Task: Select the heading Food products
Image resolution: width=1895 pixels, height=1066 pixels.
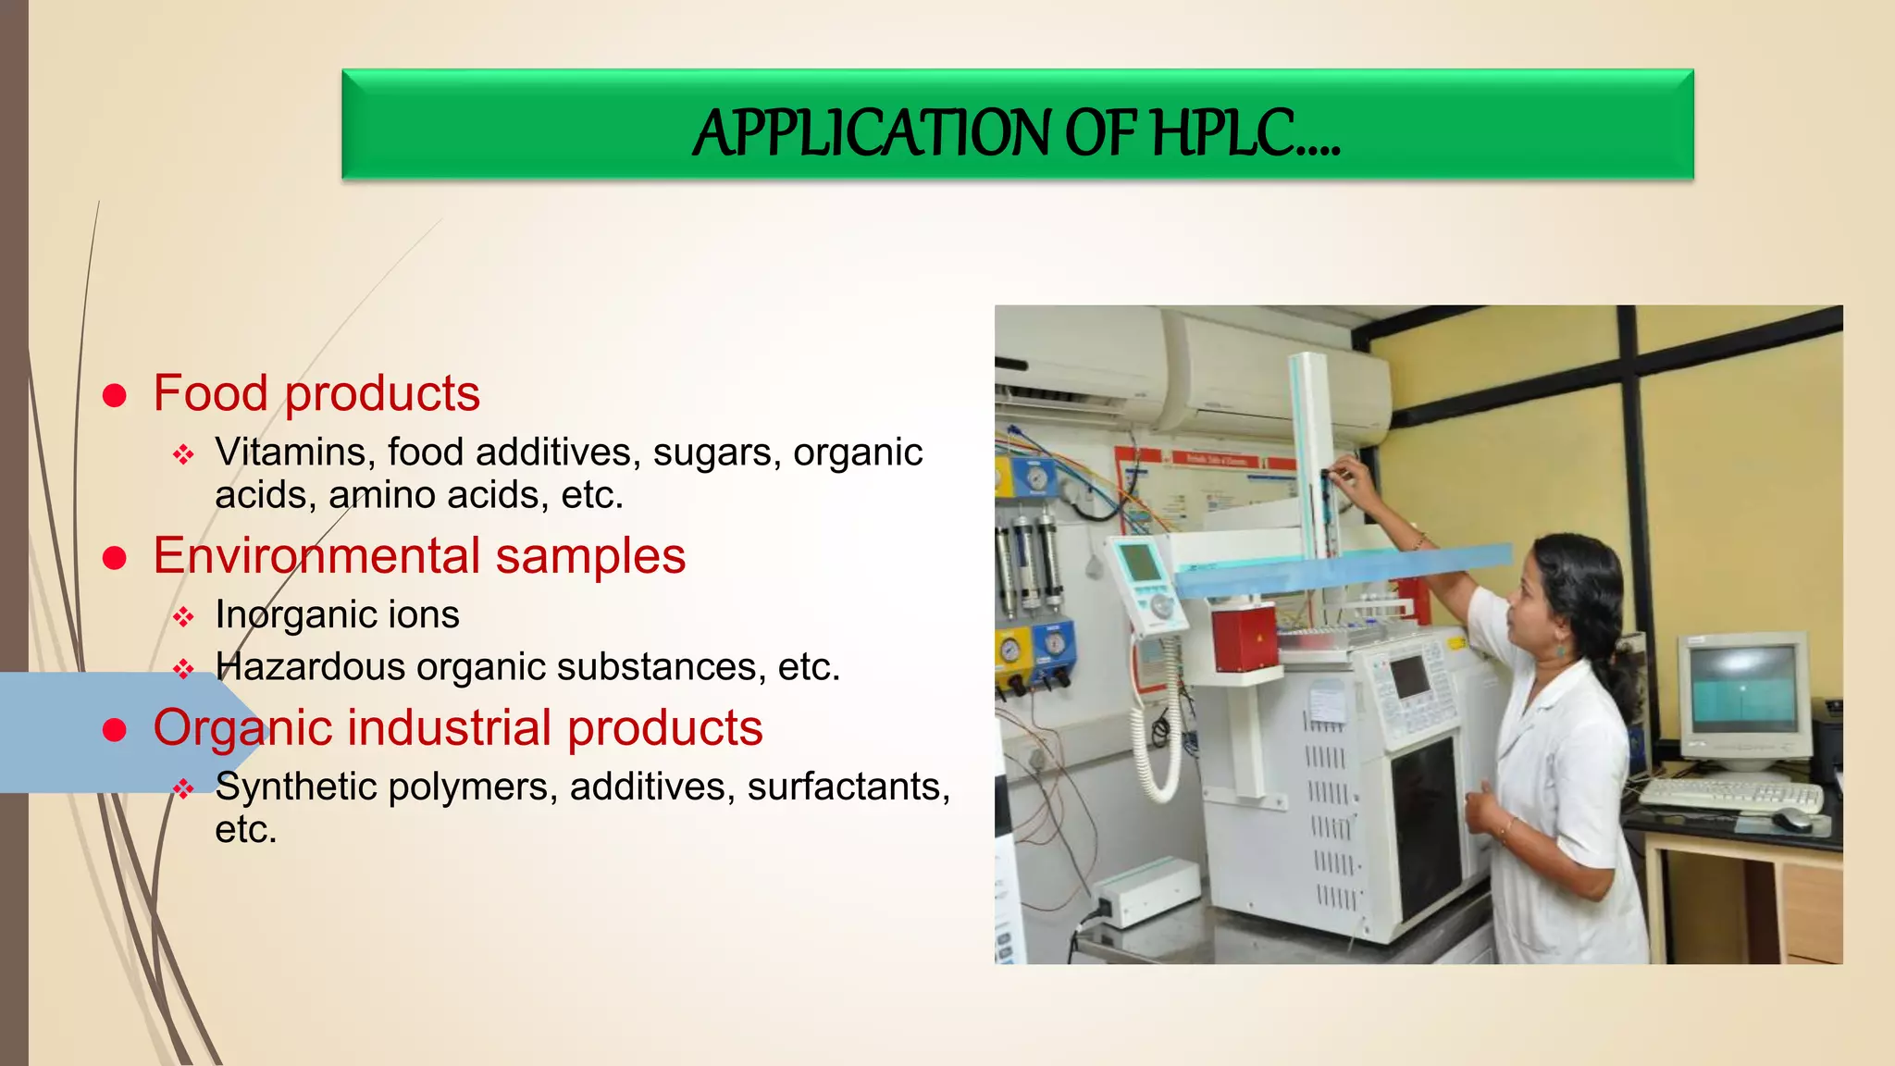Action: pos(316,393)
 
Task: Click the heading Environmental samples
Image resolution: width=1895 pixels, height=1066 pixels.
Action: pos(419,556)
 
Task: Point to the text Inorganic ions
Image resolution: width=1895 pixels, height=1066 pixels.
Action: pos(337,615)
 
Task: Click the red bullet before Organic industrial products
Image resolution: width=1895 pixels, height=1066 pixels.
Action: pos(115,730)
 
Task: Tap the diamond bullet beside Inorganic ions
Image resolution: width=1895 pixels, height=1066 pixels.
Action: pos(183,617)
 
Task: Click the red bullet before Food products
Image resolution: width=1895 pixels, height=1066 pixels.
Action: pos(115,396)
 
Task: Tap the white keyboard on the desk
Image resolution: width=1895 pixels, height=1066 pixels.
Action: pos(1729,795)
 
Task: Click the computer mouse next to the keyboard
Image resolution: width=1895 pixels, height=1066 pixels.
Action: pos(1792,819)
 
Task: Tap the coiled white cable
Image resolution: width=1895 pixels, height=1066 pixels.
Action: pos(1156,740)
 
